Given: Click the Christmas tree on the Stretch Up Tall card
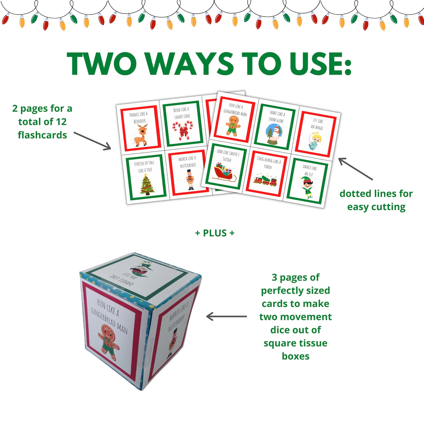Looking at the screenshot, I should tap(147, 184).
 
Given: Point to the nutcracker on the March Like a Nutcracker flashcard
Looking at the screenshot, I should tap(190, 180).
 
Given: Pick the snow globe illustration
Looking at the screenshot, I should tap(274, 135).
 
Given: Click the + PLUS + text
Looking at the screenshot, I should tap(215, 233).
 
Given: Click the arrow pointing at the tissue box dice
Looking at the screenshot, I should tap(226, 317).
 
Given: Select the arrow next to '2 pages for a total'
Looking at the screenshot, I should tap(92, 140).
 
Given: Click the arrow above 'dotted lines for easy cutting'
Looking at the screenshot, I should tap(355, 169).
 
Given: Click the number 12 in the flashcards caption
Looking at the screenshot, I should tap(61, 122).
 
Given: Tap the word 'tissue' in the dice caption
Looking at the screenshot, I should tap(311, 343).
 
